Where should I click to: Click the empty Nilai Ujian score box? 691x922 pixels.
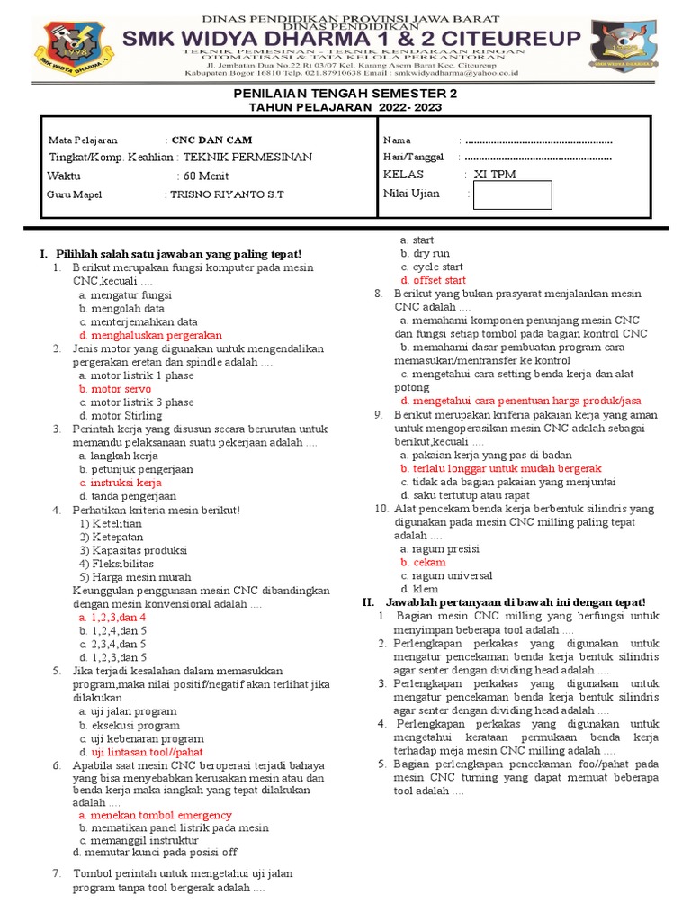pos(512,194)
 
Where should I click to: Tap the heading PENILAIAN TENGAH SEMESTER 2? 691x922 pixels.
pos(345,94)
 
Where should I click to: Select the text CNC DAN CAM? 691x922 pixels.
pos(212,140)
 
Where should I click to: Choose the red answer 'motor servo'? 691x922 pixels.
pos(114,389)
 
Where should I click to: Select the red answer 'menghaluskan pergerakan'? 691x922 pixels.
pos(150,335)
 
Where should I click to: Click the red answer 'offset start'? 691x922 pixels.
pos(434,280)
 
